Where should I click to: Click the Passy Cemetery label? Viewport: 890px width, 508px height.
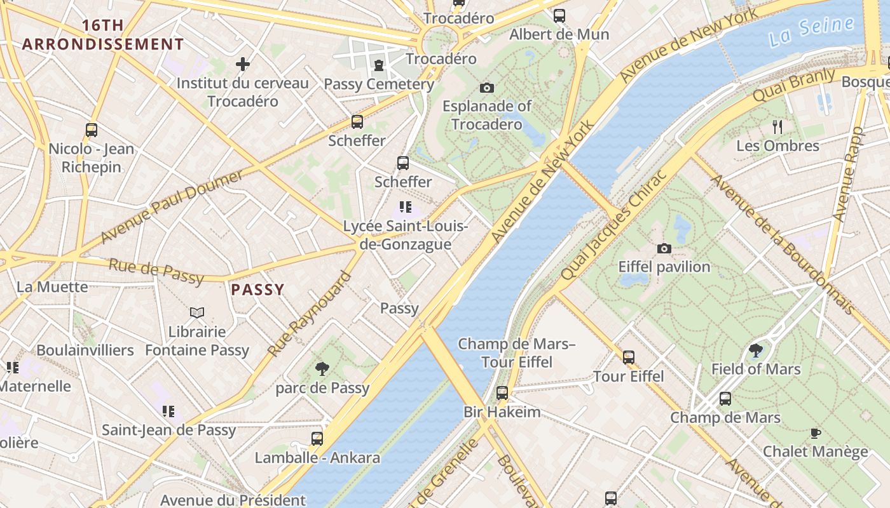pyautogui.click(x=379, y=84)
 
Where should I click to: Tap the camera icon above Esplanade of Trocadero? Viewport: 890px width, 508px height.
pyautogui.click(x=487, y=88)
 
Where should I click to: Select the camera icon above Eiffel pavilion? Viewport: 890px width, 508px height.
pyautogui.click(x=664, y=248)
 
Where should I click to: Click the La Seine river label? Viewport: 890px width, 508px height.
pyautogui.click(x=811, y=32)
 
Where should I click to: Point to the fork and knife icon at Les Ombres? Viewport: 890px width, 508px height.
pyautogui.click(x=777, y=126)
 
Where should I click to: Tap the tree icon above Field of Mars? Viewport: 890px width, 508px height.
pyautogui.click(x=756, y=350)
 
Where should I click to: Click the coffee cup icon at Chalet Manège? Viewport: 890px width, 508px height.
pyautogui.click(x=815, y=433)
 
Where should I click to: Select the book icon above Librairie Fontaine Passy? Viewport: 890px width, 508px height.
pyautogui.click(x=197, y=312)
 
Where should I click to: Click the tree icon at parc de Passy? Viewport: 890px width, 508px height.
pyautogui.click(x=322, y=369)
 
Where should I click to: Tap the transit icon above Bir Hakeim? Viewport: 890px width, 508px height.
pyautogui.click(x=502, y=393)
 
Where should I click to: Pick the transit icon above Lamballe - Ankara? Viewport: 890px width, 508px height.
pyautogui.click(x=317, y=438)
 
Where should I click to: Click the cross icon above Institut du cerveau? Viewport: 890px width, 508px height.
pyautogui.click(x=242, y=64)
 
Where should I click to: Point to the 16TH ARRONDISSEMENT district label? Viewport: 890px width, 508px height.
pyautogui.click(x=103, y=35)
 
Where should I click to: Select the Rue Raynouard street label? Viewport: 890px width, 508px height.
pyautogui.click(x=310, y=314)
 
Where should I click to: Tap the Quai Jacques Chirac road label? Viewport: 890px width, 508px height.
pyautogui.click(x=613, y=225)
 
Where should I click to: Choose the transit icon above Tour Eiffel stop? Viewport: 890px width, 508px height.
pyautogui.click(x=629, y=358)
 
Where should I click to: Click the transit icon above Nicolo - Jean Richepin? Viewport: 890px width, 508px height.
pyautogui.click(x=92, y=130)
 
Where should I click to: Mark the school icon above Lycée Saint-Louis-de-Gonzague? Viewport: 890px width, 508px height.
pyautogui.click(x=405, y=207)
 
